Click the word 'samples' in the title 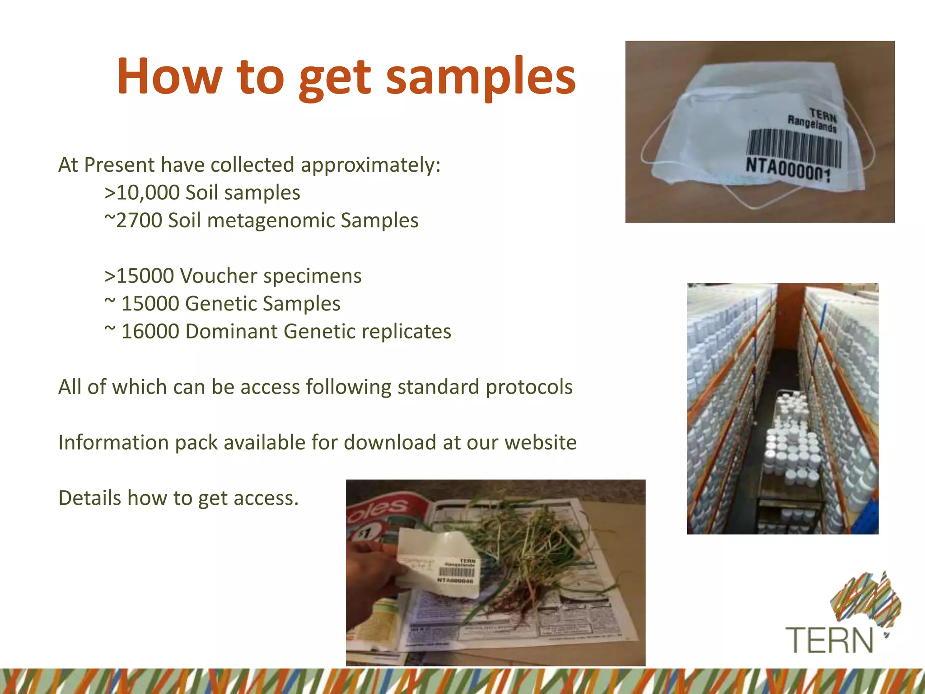(x=481, y=77)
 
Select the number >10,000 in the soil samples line (x=142, y=192)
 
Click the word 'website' (x=540, y=442)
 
